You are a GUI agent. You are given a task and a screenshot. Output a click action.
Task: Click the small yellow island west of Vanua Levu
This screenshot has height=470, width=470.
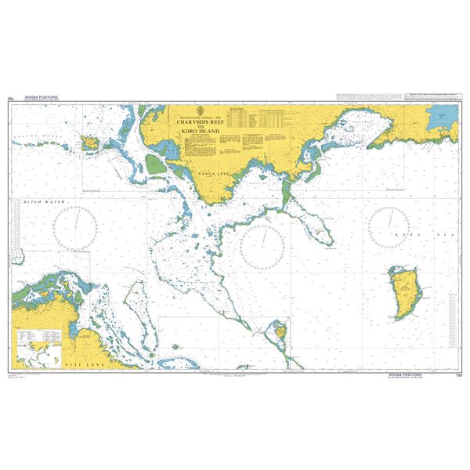89,142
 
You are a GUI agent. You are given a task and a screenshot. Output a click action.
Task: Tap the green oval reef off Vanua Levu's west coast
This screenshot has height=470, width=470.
154,164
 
